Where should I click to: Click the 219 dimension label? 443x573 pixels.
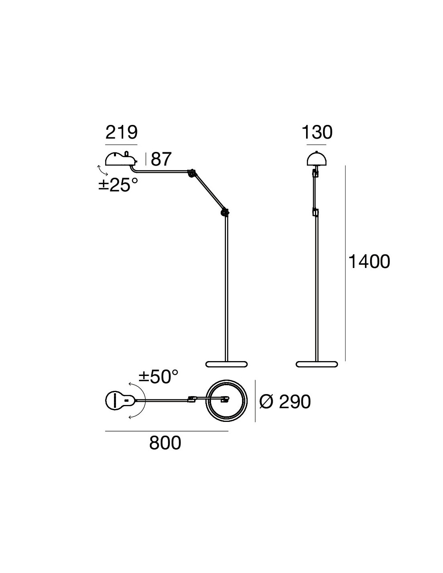(x=121, y=133)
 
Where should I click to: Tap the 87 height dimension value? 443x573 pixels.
(x=161, y=159)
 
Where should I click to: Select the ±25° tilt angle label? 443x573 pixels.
(x=118, y=185)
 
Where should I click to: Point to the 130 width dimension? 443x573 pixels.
(x=317, y=133)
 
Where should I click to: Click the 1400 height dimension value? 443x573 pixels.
(x=369, y=262)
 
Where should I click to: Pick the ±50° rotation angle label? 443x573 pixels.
(x=159, y=376)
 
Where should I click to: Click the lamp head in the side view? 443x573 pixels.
(x=121, y=158)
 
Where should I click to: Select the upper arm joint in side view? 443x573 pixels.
(x=191, y=173)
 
